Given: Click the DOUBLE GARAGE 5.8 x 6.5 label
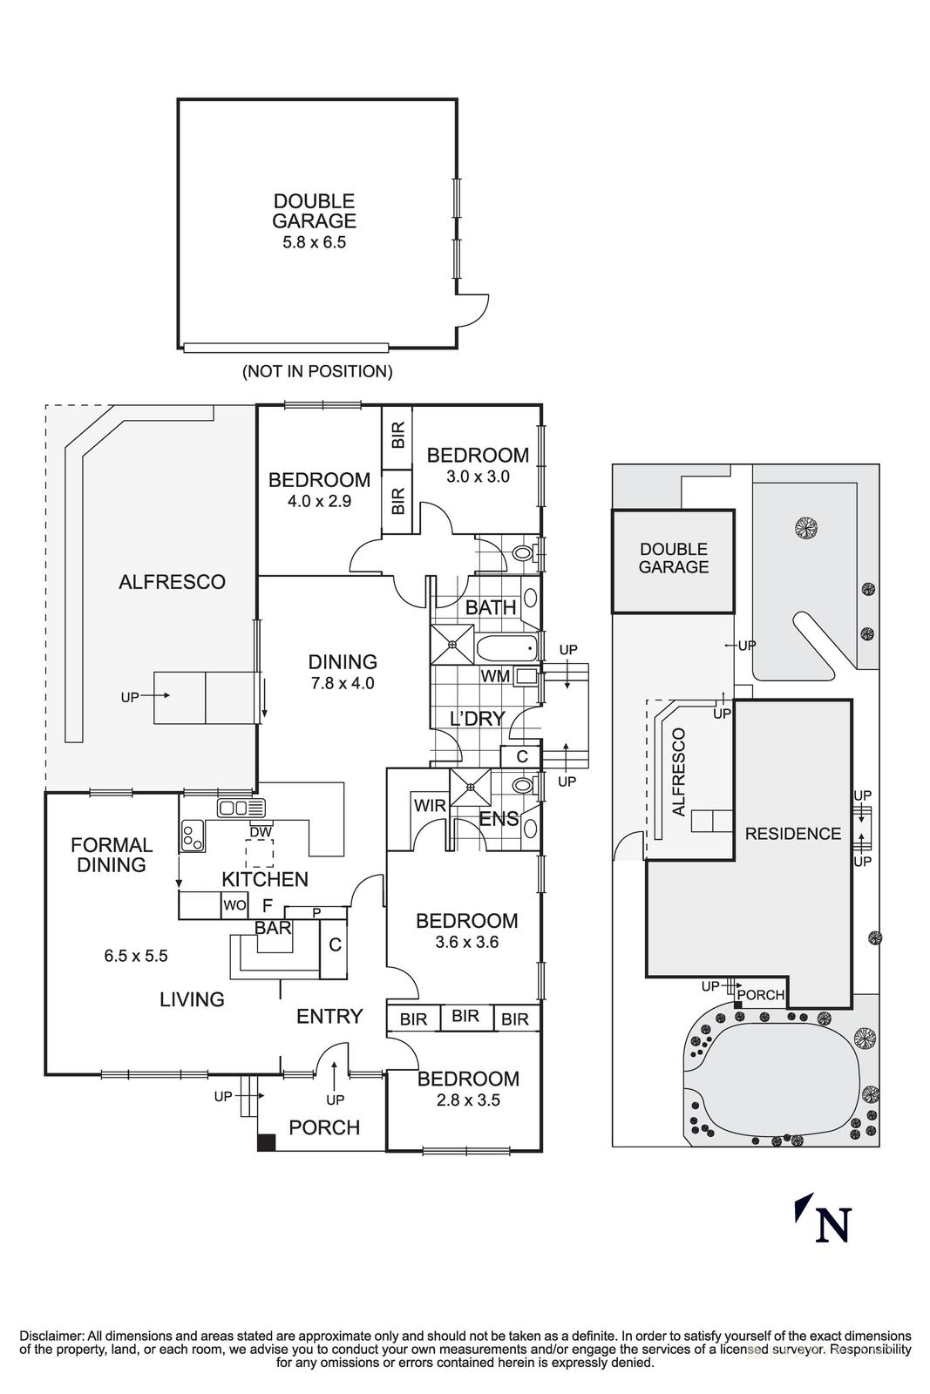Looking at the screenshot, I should [x=314, y=221].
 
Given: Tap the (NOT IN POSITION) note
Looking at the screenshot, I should [x=317, y=371].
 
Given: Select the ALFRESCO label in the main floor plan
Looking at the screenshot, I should [x=172, y=582].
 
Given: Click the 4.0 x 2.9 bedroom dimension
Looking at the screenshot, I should [x=318, y=501].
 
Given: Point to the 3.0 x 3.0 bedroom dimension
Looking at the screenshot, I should [x=477, y=477].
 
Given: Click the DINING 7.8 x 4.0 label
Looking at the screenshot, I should [x=343, y=672].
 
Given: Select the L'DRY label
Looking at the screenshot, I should [x=477, y=719].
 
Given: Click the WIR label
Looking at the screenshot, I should [x=430, y=806].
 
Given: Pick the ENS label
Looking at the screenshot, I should [x=499, y=819].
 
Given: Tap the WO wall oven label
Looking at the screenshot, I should [x=234, y=905].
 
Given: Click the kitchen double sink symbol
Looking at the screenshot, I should [x=241, y=808].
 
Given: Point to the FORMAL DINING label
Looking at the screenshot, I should [x=112, y=855].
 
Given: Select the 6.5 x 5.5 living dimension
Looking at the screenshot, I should [x=136, y=956].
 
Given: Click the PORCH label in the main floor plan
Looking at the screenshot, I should [x=324, y=1127].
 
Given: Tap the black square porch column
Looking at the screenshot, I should [x=267, y=1141].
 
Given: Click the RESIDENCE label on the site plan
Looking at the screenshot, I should [x=792, y=834].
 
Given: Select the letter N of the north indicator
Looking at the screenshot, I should [x=832, y=1224].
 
